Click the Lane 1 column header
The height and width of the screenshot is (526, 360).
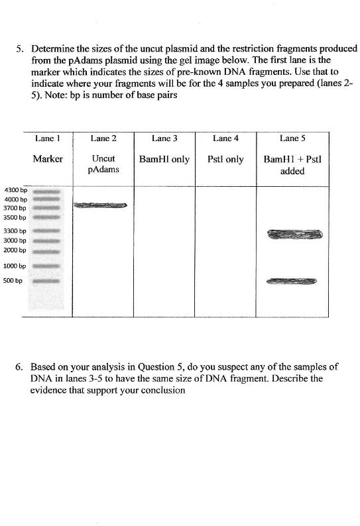pyautogui.click(x=48, y=138)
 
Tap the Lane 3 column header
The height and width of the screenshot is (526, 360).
pyautogui.click(x=164, y=138)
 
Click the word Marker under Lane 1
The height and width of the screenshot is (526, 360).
pyautogui.click(x=48, y=159)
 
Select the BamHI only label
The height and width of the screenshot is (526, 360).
pyautogui.click(x=164, y=159)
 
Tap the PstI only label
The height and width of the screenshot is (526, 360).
pyautogui.click(x=225, y=159)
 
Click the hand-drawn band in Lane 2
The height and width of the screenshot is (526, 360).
pyautogui.click(x=100, y=205)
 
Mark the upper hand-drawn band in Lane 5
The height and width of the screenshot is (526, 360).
pyautogui.click(x=294, y=234)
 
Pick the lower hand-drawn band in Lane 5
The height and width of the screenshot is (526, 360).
pyautogui.click(x=292, y=282)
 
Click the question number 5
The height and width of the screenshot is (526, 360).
pyautogui.click(x=21, y=48)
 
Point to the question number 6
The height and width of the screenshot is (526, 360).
pyautogui.click(x=21, y=366)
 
